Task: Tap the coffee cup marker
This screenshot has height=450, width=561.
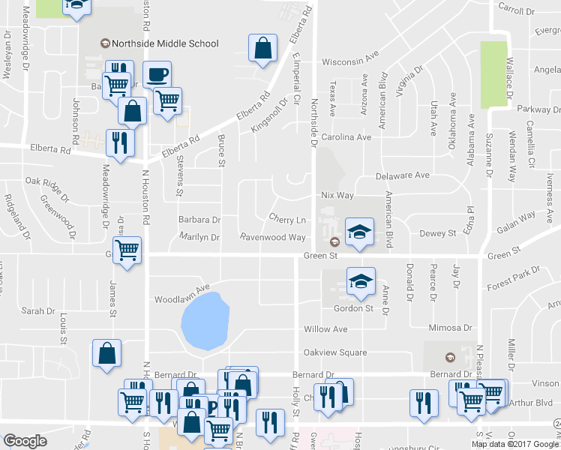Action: pos(157,75)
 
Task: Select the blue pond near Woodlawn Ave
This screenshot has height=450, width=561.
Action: pos(205,321)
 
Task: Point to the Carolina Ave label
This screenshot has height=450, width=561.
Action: pos(346,138)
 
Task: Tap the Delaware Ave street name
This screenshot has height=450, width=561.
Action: pos(403,175)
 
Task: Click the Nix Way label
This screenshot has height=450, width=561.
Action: pos(337,196)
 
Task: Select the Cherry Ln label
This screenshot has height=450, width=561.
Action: pos(287,220)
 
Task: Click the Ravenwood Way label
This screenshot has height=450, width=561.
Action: pos(272,237)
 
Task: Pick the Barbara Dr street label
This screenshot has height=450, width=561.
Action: pos(199,220)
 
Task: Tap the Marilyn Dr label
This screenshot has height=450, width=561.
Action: pos(199,237)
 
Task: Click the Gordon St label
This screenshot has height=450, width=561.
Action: pos(353,308)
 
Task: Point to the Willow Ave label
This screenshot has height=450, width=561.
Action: pos(325,329)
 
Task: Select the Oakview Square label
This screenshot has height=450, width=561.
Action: pos(334,352)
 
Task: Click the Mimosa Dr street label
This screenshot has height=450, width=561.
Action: pos(450,328)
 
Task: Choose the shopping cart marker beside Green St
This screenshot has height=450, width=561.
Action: pos(127,249)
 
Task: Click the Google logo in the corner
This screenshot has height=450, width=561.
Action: pos(25,441)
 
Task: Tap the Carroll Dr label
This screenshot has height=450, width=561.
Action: pos(516,12)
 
